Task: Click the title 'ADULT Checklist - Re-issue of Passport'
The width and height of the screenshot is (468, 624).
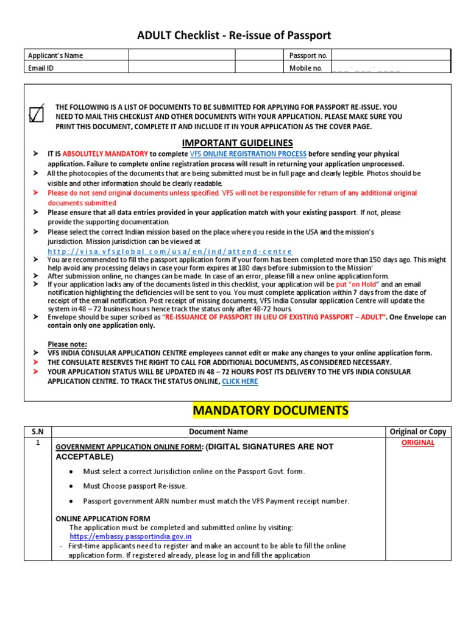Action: tap(234, 35)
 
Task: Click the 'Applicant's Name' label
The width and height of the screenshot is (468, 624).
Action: tap(55, 55)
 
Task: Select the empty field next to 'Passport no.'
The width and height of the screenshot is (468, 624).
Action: tap(390, 55)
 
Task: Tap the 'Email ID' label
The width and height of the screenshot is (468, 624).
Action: tap(41, 68)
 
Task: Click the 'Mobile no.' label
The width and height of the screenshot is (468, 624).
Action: tap(305, 68)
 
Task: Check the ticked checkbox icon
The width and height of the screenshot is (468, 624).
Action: tap(37, 114)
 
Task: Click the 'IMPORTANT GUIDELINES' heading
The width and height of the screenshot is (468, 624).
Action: tap(234, 143)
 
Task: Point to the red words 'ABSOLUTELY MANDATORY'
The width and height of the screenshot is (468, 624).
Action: tap(105, 154)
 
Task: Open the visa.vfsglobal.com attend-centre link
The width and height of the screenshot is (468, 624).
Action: tap(170, 251)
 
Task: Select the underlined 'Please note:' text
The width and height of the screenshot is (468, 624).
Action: tap(67, 344)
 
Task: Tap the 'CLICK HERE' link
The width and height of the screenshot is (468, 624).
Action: tap(239, 381)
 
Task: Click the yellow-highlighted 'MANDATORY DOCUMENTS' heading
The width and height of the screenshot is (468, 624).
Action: tap(271, 411)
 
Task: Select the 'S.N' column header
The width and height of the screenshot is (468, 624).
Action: tap(38, 431)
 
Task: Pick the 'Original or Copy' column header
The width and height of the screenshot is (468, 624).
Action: tap(417, 431)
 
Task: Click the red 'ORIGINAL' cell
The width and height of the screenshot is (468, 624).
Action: tap(417, 443)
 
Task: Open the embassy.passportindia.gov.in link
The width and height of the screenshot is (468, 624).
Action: tap(131, 537)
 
